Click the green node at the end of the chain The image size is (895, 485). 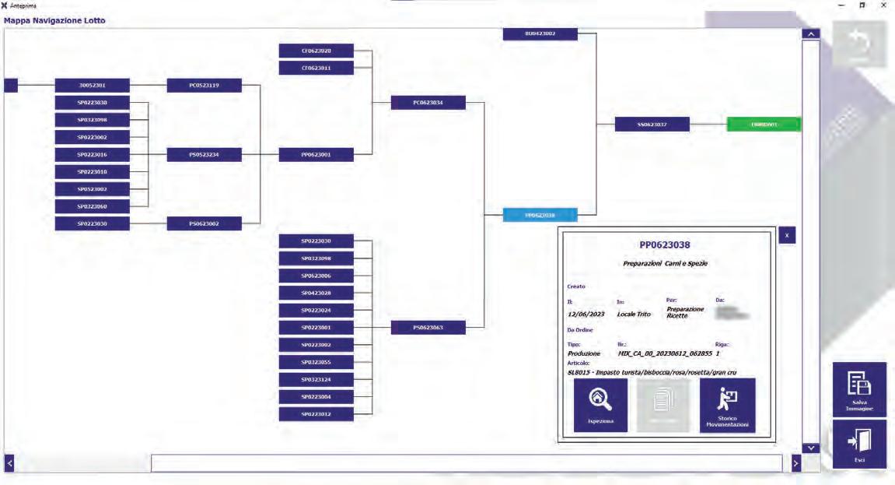(x=764, y=125)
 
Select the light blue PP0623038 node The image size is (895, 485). (x=540, y=215)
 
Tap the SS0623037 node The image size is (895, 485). (x=652, y=125)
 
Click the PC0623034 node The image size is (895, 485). (x=428, y=103)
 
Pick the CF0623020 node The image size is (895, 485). (x=316, y=51)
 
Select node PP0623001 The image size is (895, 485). (x=316, y=155)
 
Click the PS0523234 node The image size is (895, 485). (x=204, y=155)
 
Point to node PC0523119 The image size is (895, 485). (x=204, y=86)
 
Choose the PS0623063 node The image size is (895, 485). (x=428, y=328)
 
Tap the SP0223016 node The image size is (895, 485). (x=92, y=155)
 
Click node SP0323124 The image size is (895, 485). (x=316, y=379)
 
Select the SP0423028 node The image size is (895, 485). (x=316, y=293)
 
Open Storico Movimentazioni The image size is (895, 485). (x=727, y=405)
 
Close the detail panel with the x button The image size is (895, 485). (x=786, y=235)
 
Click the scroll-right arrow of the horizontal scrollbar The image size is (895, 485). (x=795, y=463)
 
